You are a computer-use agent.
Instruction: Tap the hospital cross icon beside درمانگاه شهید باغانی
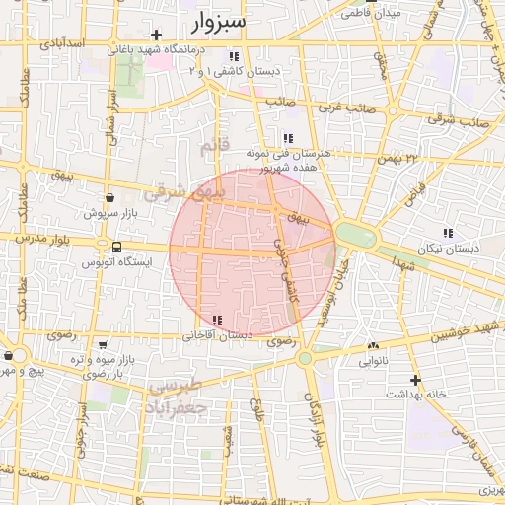156,36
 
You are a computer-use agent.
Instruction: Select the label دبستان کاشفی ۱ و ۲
234,71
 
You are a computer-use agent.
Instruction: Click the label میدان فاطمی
372,14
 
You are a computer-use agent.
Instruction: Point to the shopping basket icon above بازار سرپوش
108,197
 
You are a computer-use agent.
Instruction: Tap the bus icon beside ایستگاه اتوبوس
117,247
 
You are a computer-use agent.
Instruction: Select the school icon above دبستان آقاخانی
217,320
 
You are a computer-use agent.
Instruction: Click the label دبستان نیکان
447,249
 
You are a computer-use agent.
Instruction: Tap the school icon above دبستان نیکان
448,233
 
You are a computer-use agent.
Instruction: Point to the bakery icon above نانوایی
373,346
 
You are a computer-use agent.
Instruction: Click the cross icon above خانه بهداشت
415,379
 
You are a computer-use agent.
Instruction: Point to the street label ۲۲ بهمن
397,157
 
